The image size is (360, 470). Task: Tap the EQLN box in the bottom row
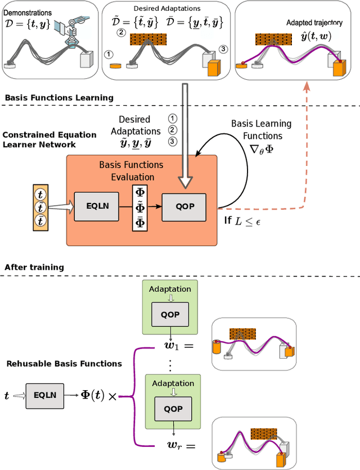pyautogui.click(x=44, y=396)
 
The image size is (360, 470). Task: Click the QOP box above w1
pyautogui.click(x=170, y=314)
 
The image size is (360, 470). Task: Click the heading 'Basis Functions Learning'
pyautogui.click(x=59, y=98)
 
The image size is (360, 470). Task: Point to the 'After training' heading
pyautogui.click(x=34, y=267)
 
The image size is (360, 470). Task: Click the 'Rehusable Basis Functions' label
pyautogui.click(x=64, y=364)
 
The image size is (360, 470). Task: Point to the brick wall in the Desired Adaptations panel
pyautogui.click(x=147, y=39)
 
